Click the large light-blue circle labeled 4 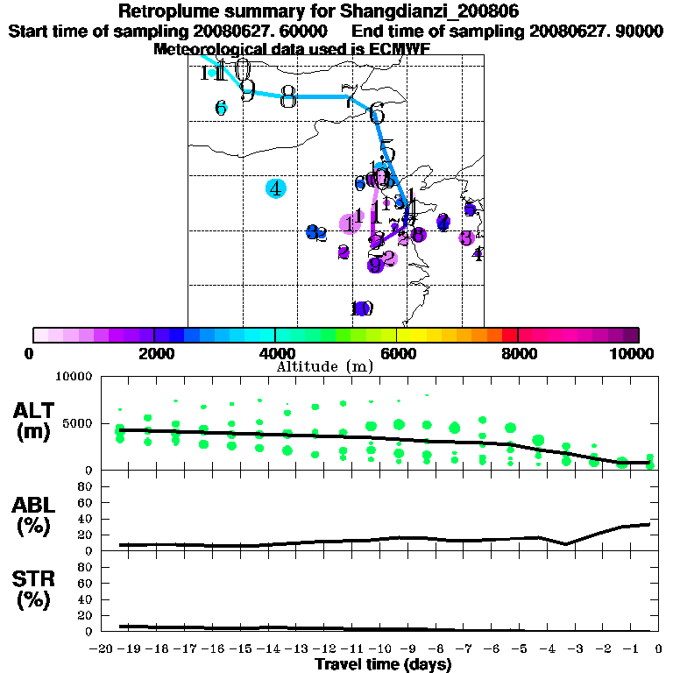pos(276,188)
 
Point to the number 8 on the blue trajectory pos(287,98)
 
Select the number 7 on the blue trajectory pos(349,98)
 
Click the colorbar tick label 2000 pos(154,353)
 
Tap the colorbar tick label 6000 pos(397,353)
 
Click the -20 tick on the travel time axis pos(102,648)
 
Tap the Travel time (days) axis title pos(383,665)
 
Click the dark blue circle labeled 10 pos(361,308)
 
